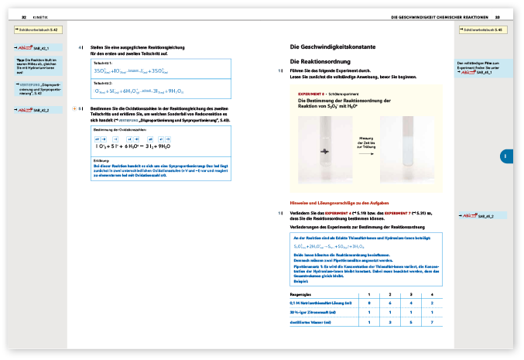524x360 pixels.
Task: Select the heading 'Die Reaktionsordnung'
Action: (x=320, y=60)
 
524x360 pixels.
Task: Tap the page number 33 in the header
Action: (x=498, y=16)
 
